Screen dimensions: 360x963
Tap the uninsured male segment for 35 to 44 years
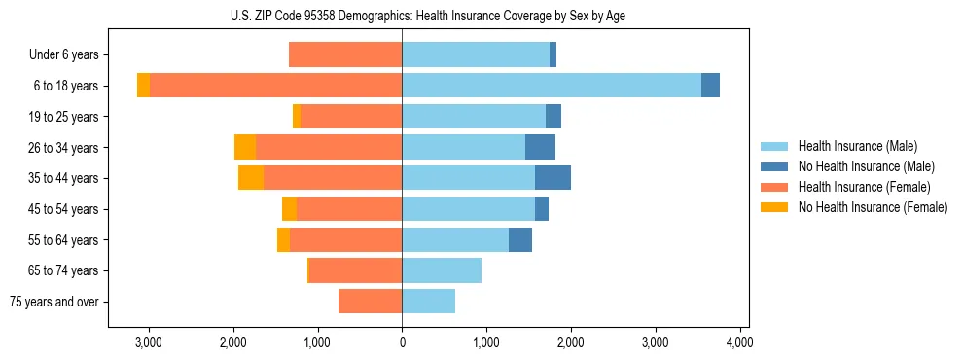click(x=553, y=178)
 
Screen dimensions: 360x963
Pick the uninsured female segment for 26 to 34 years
click(x=245, y=147)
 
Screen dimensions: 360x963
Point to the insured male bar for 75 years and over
click(x=428, y=302)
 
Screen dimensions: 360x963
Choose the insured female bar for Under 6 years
click(x=345, y=54)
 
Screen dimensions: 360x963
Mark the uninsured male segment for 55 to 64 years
click(x=520, y=239)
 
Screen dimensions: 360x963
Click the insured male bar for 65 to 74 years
click(x=442, y=270)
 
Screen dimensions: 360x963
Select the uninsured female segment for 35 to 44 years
click(x=251, y=178)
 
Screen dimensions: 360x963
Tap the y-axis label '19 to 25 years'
click(x=64, y=117)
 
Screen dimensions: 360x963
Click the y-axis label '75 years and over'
click(x=54, y=302)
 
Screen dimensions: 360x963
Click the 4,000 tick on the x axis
click(x=739, y=342)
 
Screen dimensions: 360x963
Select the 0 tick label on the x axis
click(x=402, y=342)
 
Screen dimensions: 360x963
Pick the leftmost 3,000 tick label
click(x=149, y=342)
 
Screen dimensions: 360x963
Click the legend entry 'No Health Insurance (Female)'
click(x=873, y=207)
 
